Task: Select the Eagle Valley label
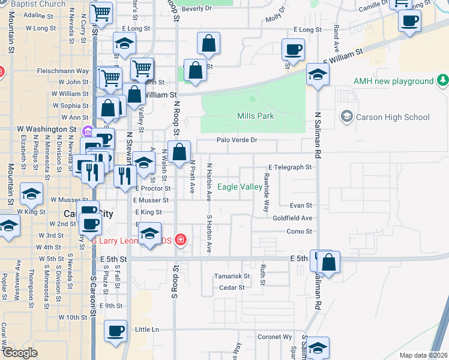pyautogui.click(x=240, y=187)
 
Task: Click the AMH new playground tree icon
pyautogui.click(x=442, y=80)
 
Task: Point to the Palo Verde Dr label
pyautogui.click(x=237, y=140)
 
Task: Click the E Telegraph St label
pyautogui.click(x=291, y=167)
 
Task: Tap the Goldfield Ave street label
pyautogui.click(x=292, y=218)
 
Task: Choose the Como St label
pyautogui.click(x=300, y=232)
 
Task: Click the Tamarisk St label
pyautogui.click(x=232, y=277)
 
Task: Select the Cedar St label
pyautogui.click(x=232, y=287)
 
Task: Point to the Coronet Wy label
pyautogui.click(x=275, y=337)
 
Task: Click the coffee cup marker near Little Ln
pyautogui.click(x=116, y=330)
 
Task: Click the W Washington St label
pyautogui.click(x=46, y=129)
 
